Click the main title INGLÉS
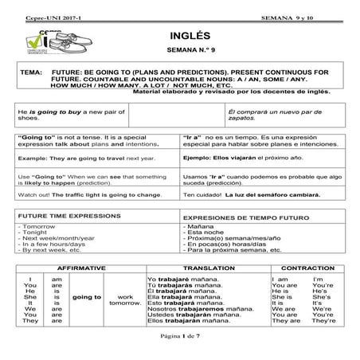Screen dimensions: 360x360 click(188, 37)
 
